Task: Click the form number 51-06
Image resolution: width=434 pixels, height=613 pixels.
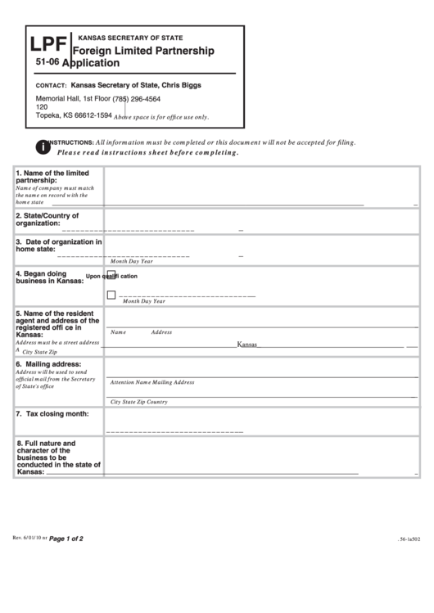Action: pos(47,61)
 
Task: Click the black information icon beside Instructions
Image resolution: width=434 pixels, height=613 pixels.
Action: pos(42,146)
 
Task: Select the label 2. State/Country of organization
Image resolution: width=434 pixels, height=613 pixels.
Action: pos(47,219)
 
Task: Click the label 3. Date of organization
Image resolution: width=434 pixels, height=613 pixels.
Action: pos(58,246)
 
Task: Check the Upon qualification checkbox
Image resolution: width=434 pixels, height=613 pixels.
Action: pos(111,275)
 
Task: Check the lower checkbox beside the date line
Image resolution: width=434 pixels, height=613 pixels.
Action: pos(111,295)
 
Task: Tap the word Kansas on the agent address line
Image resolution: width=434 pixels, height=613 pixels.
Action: pos(247,345)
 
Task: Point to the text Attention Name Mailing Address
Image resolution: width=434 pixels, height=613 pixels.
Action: pos(152,382)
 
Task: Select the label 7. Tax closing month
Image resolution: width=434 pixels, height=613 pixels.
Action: pos(52,414)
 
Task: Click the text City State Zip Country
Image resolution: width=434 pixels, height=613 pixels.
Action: pos(138,402)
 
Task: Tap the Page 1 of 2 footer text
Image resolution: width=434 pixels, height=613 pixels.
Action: pos(66,539)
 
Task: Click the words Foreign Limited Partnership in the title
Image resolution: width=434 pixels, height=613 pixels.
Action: pos(144,51)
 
